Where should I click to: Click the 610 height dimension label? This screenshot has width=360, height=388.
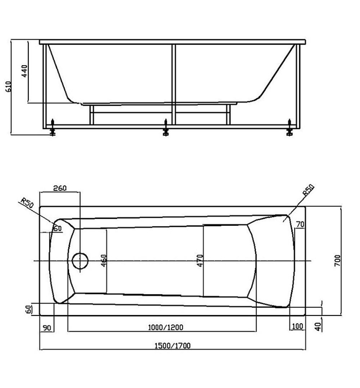(8, 86)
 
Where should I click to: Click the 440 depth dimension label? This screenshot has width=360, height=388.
(25, 71)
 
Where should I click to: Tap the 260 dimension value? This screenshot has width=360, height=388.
(60, 188)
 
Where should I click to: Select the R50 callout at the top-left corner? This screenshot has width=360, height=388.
(27, 203)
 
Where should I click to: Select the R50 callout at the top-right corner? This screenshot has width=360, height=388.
(309, 190)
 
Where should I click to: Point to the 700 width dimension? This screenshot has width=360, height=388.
(337, 261)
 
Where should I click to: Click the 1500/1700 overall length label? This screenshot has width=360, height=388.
(172, 346)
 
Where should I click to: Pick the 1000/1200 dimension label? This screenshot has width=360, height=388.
(166, 328)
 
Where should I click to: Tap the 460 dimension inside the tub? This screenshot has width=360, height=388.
(104, 261)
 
